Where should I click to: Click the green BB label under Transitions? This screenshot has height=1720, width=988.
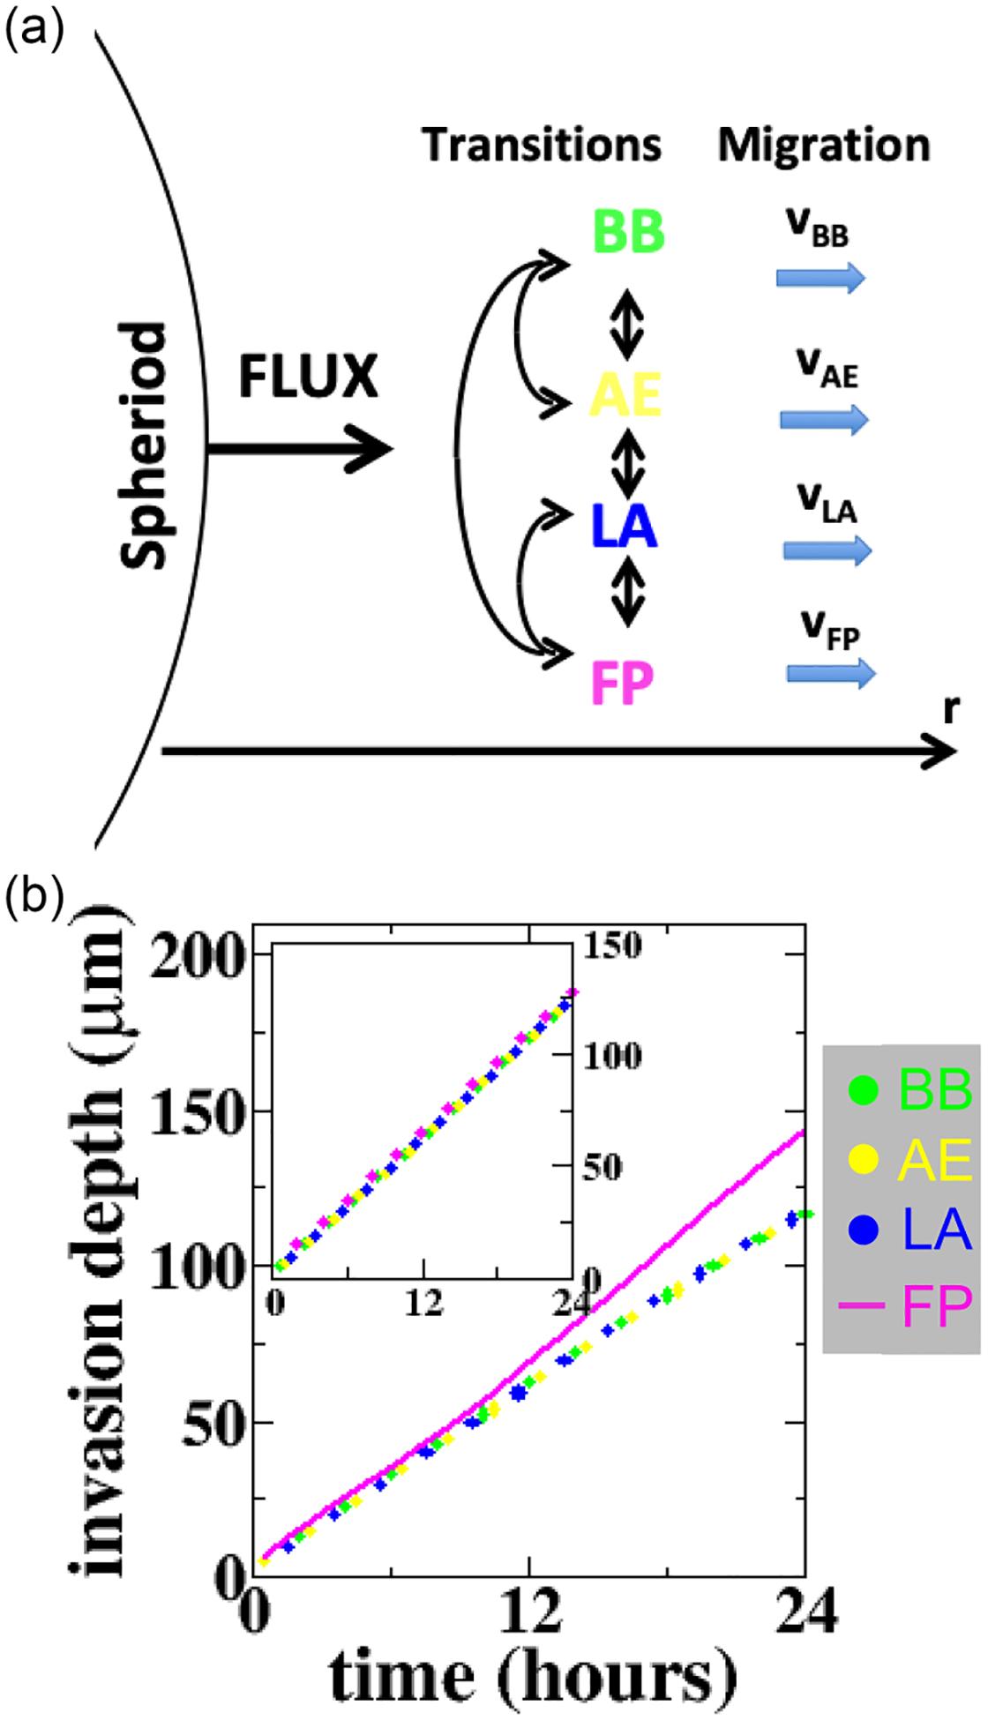[x=629, y=233]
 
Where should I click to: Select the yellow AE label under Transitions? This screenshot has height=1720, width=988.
[x=625, y=396]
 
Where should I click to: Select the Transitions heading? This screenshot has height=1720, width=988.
[x=542, y=145]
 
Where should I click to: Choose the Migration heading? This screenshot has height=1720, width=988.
[x=824, y=145]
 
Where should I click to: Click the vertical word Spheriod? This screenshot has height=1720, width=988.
[x=143, y=446]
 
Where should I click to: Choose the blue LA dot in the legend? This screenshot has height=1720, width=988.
[x=864, y=1228]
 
